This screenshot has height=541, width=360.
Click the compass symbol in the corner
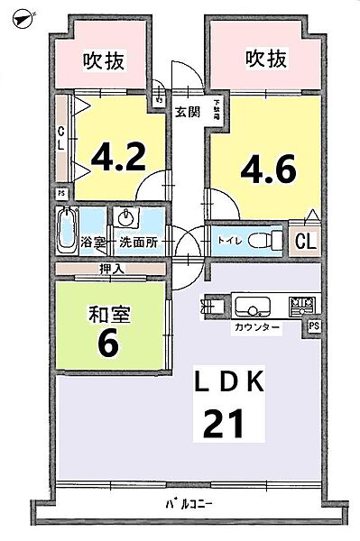tap(20, 16)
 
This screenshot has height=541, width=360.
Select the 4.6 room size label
tap(268, 169)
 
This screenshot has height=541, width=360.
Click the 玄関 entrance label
tap(187, 112)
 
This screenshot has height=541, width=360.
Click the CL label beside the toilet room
tap(306, 241)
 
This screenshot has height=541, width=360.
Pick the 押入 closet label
tap(113, 269)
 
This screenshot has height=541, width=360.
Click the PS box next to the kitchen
tap(313, 326)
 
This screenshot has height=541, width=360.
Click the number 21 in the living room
tap(226, 424)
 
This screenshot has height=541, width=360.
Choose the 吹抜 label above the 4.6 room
tap(266, 59)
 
